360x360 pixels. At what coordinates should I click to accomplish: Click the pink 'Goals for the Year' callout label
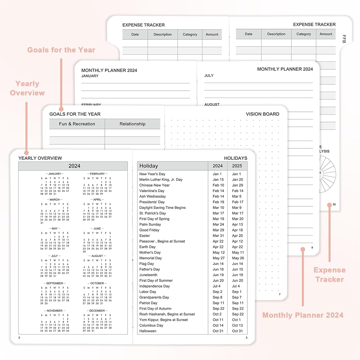click(x=61, y=50)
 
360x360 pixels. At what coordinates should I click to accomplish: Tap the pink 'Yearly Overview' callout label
click(x=27, y=88)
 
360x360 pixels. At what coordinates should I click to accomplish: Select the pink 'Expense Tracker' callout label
click(x=329, y=274)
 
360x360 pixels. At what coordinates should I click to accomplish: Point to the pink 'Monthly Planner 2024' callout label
click(x=303, y=315)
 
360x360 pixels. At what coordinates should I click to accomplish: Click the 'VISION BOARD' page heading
click(x=262, y=114)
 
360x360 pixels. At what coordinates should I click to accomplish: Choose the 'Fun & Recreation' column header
click(x=77, y=124)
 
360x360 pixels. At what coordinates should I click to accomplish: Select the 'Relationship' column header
click(x=132, y=124)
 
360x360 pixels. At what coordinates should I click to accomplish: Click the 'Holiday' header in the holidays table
click(x=149, y=166)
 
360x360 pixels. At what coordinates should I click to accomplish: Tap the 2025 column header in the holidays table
click(x=237, y=166)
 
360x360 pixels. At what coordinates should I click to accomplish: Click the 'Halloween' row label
click(x=148, y=331)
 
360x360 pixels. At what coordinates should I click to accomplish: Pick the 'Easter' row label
click(x=145, y=236)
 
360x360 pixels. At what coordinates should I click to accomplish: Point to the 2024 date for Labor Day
click(x=217, y=292)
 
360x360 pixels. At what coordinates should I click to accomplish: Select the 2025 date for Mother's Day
click(x=238, y=252)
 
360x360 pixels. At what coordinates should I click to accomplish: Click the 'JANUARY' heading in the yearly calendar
click(x=55, y=174)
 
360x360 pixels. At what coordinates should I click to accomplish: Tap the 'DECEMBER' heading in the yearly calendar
click(x=97, y=311)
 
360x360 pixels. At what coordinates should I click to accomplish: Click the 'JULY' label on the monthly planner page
click(x=209, y=76)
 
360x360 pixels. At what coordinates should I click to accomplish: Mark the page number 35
click(x=334, y=204)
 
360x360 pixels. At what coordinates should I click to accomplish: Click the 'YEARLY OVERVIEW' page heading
click(x=40, y=158)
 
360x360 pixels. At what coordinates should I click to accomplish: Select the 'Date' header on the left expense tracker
click(x=135, y=35)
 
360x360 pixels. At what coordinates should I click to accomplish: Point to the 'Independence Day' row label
click(x=154, y=286)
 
